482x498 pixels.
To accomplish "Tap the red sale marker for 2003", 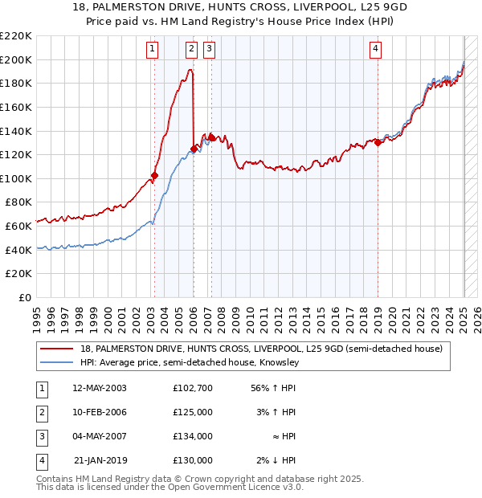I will pyautogui.click(x=154, y=175).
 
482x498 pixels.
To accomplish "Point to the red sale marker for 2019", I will pyautogui.click(x=378, y=143).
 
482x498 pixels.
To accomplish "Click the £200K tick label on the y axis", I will pyautogui.click(x=16, y=59).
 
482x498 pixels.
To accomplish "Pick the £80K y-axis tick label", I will pyautogui.click(x=19, y=202).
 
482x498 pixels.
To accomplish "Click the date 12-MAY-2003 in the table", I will pyautogui.click(x=100, y=388).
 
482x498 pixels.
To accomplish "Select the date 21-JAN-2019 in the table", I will pyautogui.click(x=100, y=460).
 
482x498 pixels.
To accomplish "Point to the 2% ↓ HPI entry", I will pyautogui.click(x=276, y=460).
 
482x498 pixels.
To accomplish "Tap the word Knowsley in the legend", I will pyautogui.click(x=278, y=363).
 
